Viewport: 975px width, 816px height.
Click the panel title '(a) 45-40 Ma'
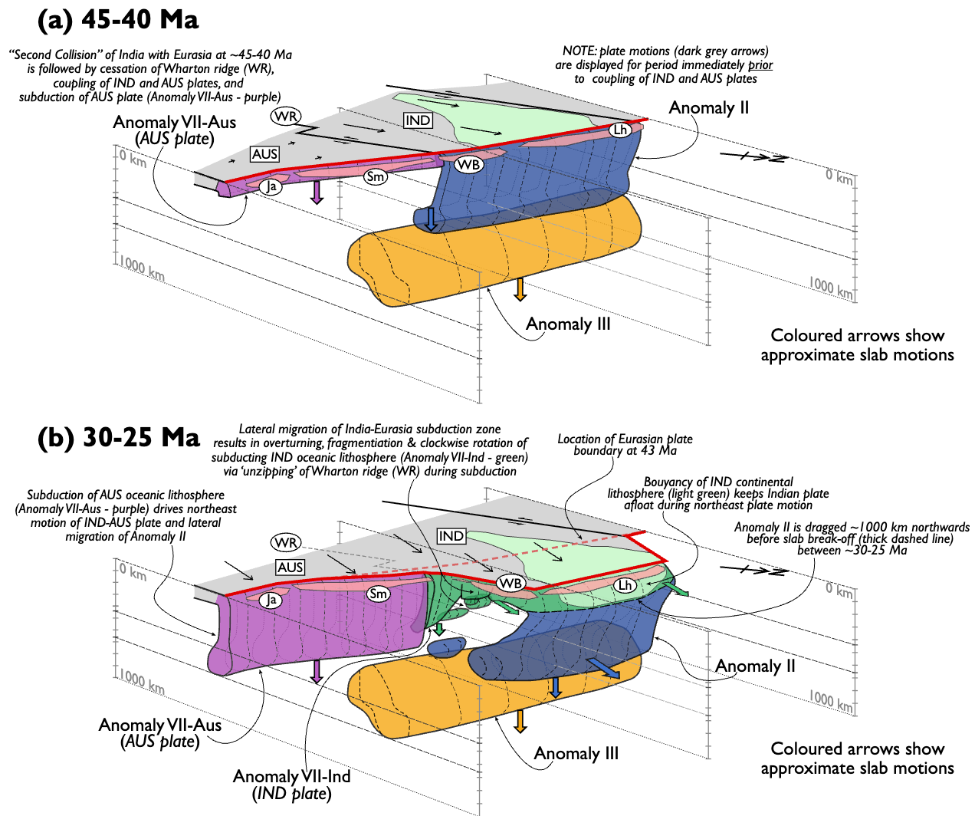(x=118, y=20)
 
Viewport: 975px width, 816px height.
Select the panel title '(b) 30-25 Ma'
(x=119, y=437)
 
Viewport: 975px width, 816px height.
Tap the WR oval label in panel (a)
(x=286, y=117)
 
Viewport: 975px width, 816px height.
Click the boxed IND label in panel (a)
(x=418, y=120)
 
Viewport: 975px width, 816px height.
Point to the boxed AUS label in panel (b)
(x=290, y=568)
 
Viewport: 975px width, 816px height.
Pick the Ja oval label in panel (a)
(x=271, y=186)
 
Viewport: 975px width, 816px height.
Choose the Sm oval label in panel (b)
(x=378, y=594)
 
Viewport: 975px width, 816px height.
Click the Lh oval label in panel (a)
(x=620, y=130)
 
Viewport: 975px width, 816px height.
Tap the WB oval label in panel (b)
(x=510, y=583)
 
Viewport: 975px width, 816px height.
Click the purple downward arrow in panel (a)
(x=316, y=192)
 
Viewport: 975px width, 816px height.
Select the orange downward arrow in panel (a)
(x=520, y=289)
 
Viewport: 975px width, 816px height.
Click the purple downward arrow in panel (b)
(x=316, y=671)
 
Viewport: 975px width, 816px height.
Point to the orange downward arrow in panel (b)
(x=520, y=721)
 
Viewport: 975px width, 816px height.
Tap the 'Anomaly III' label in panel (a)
(x=568, y=324)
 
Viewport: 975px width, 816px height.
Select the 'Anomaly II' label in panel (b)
(x=755, y=666)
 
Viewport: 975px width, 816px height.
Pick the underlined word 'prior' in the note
(x=760, y=65)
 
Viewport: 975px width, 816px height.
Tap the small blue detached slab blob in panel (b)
(x=446, y=647)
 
